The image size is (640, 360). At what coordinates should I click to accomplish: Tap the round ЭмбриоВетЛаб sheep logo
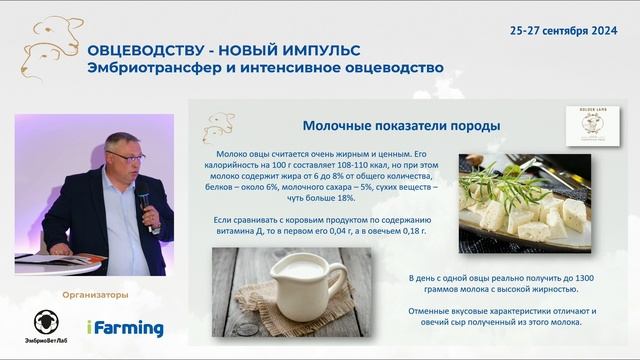[x=45, y=321]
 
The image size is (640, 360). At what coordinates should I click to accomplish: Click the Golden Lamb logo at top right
[x=586, y=128]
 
